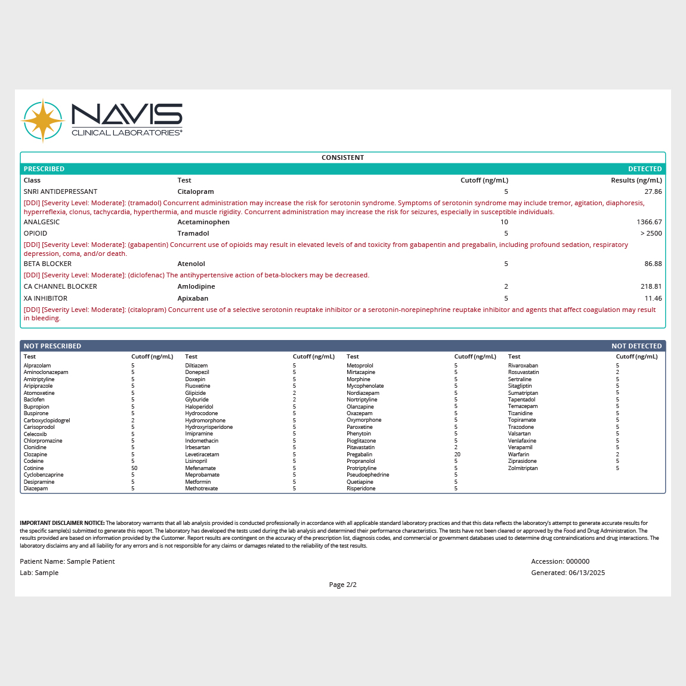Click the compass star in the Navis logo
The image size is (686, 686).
pyautogui.click(x=43, y=120)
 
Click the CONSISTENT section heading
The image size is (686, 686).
pyautogui.click(x=342, y=157)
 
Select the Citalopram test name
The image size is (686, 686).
pyautogui.click(x=196, y=191)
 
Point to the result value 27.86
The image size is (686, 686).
pyautogui.click(x=653, y=191)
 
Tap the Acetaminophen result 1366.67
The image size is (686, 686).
pyautogui.click(x=649, y=222)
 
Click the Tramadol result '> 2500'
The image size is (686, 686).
pyautogui.click(x=651, y=233)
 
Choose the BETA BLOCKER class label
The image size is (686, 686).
pyautogui.click(x=48, y=264)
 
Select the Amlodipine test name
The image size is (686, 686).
pyautogui.click(x=196, y=286)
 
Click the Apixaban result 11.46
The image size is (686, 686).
pyautogui.click(x=653, y=298)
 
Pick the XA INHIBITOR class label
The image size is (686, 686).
pyautogui.click(x=45, y=298)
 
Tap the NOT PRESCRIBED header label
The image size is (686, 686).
pyautogui.click(x=52, y=346)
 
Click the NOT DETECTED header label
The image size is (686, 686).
pyautogui.click(x=636, y=346)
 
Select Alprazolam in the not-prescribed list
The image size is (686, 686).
pyautogui.click(x=37, y=366)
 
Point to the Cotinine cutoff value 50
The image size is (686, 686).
pyautogui.click(x=134, y=468)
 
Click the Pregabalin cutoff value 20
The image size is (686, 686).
pyautogui.click(x=457, y=455)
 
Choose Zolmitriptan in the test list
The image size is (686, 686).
pyautogui.click(x=523, y=468)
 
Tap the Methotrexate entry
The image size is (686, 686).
pyautogui.click(x=201, y=489)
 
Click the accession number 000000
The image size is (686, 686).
pyautogui.click(x=577, y=561)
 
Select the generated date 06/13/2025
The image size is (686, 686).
pyautogui.click(x=586, y=573)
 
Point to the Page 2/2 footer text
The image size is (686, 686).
pyautogui.click(x=342, y=585)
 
